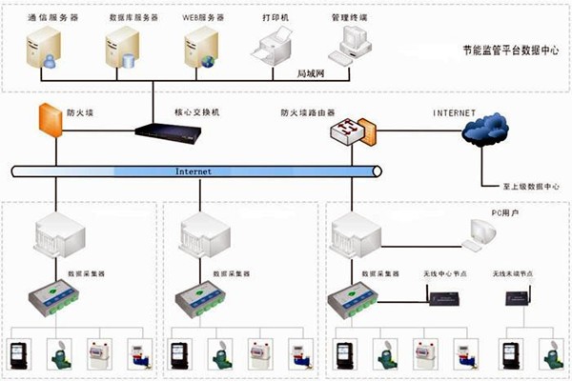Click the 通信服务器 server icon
click(43, 48)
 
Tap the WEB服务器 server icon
click(200, 48)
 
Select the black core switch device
click(170, 131)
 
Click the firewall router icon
click(349, 130)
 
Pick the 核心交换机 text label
click(197, 111)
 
